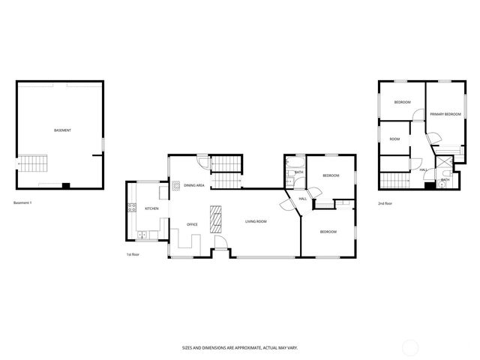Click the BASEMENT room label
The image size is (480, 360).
[x=62, y=130]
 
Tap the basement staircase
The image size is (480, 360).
[x=33, y=162]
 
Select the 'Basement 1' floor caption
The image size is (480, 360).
[x=22, y=202]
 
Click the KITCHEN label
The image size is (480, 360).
[x=151, y=208]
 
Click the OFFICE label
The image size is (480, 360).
[x=192, y=224]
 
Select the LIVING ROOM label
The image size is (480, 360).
[x=256, y=221]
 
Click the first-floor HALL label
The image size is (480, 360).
[x=302, y=198]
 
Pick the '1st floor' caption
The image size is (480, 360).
[x=133, y=254]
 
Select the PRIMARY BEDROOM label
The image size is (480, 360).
[x=445, y=114]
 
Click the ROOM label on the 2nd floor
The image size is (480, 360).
[x=394, y=139]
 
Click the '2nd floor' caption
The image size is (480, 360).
[x=385, y=203]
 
